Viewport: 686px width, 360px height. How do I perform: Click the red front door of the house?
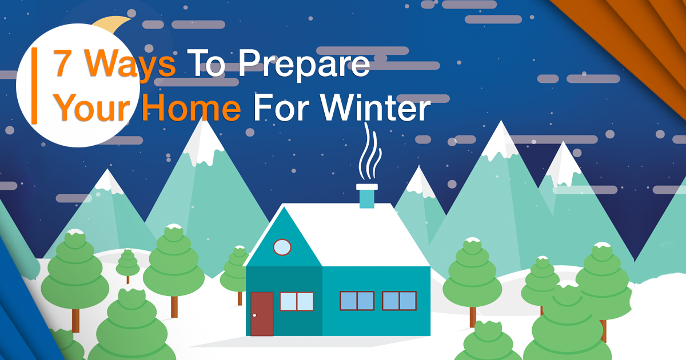(262, 314)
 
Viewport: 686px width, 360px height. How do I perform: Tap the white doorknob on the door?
(254, 315)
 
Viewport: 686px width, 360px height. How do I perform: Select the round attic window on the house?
(282, 247)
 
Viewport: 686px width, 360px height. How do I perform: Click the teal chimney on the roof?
(367, 196)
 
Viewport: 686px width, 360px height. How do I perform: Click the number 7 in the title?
(63, 62)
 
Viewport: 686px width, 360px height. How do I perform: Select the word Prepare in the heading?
(304, 65)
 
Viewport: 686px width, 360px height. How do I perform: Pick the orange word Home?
(192, 108)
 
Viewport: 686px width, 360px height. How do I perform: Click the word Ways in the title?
(130, 65)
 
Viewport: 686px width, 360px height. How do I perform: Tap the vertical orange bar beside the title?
(35, 86)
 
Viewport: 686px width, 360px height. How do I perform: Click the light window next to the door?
(297, 302)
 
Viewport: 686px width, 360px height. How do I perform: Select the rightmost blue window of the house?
(400, 301)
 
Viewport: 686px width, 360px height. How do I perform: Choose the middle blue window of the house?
(357, 301)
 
